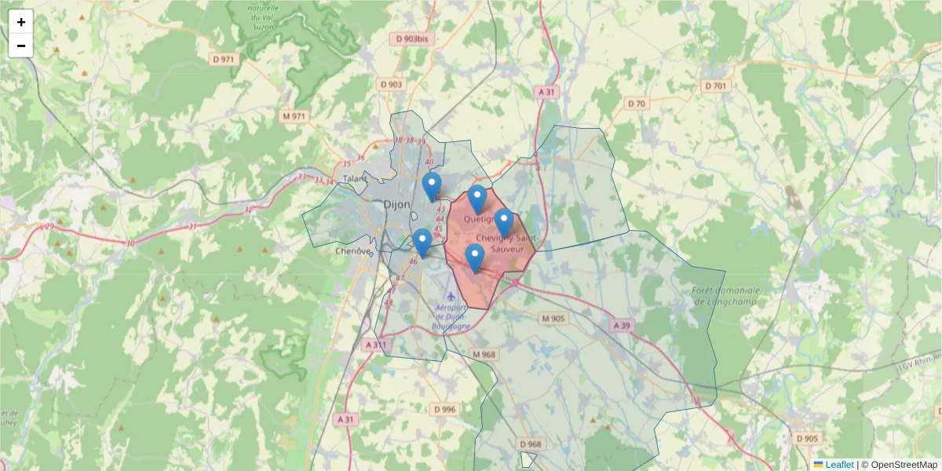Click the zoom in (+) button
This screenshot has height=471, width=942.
coord(21,22)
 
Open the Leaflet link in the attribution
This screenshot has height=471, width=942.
coord(839,465)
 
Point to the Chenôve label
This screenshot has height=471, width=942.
coord(352,251)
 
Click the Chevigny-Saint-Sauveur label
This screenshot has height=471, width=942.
coord(506,243)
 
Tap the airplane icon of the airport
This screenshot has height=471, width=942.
coord(438,299)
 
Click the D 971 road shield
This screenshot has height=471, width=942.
coord(224,59)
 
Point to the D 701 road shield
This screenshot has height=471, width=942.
coord(715,86)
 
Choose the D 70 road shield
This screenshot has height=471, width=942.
coord(636,104)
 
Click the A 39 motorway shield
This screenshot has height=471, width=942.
coord(622,325)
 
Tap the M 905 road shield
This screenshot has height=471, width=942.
coord(553,318)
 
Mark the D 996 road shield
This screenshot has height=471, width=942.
coord(444,409)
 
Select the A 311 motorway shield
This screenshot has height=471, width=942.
coord(376,345)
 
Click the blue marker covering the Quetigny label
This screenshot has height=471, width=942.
coord(476,199)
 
